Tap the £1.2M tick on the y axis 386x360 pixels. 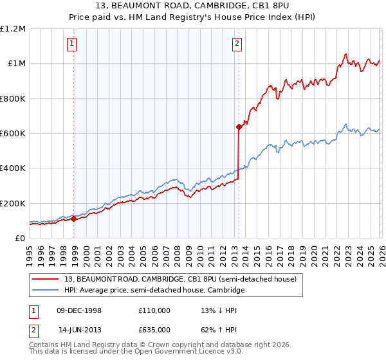point(13,29)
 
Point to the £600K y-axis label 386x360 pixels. point(13,134)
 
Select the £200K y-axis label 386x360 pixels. point(13,203)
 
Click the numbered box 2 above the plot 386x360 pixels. point(237,44)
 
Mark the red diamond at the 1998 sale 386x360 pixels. point(74,219)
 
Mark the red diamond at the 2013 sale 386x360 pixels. point(239,127)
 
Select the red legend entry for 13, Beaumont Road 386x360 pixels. point(180,280)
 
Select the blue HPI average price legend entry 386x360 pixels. point(154,291)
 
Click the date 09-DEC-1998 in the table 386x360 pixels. point(80,310)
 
